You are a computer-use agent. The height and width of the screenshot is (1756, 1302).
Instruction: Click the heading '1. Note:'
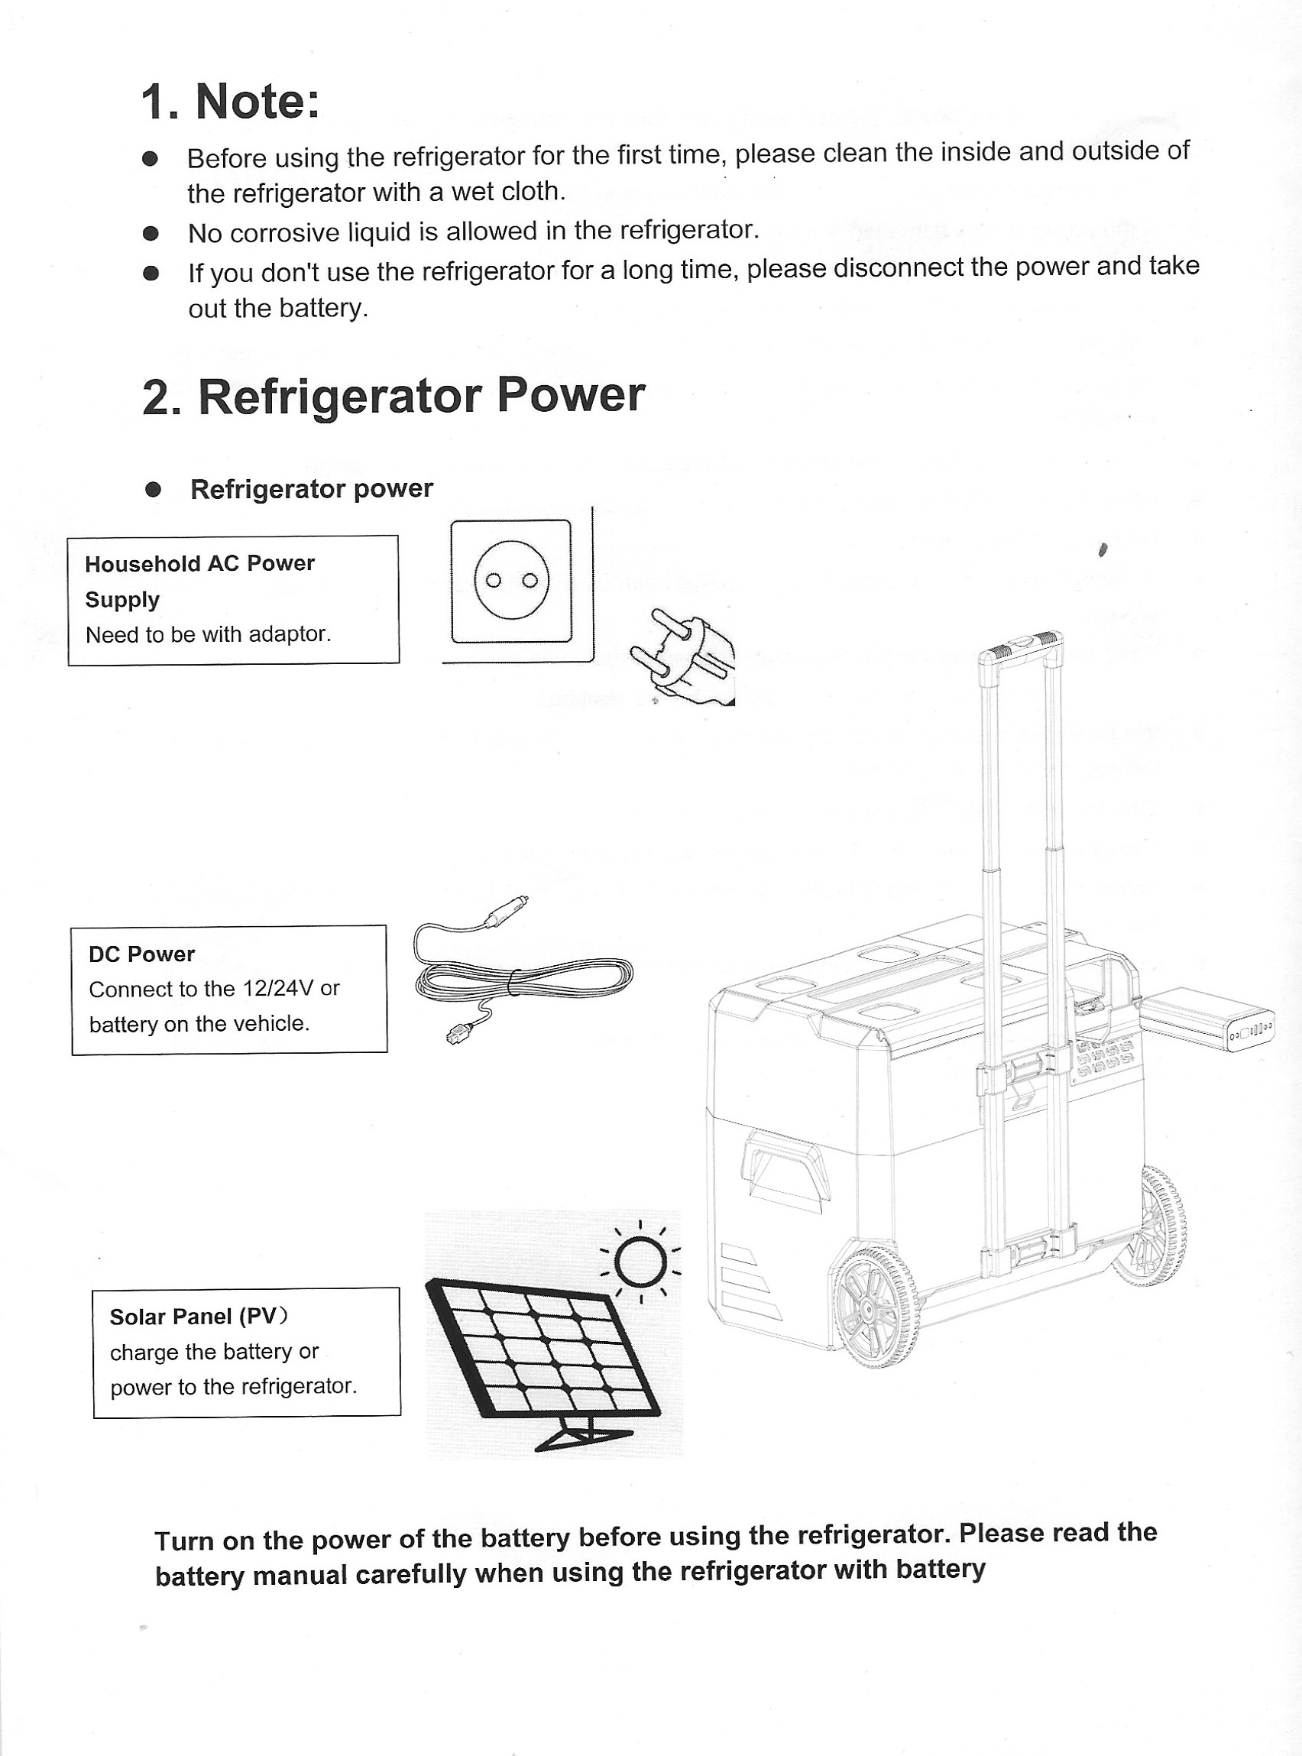coord(230,102)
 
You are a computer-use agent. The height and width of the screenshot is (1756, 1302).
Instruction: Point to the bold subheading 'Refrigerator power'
coord(311,490)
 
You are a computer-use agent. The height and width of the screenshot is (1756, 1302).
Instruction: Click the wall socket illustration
coord(510,582)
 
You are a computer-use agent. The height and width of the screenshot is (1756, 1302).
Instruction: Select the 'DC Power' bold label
coord(141,954)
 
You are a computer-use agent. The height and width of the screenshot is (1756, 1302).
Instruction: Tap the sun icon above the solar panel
coord(640,1262)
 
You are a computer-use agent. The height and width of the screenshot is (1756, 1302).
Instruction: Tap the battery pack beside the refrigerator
coord(1206,1020)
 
